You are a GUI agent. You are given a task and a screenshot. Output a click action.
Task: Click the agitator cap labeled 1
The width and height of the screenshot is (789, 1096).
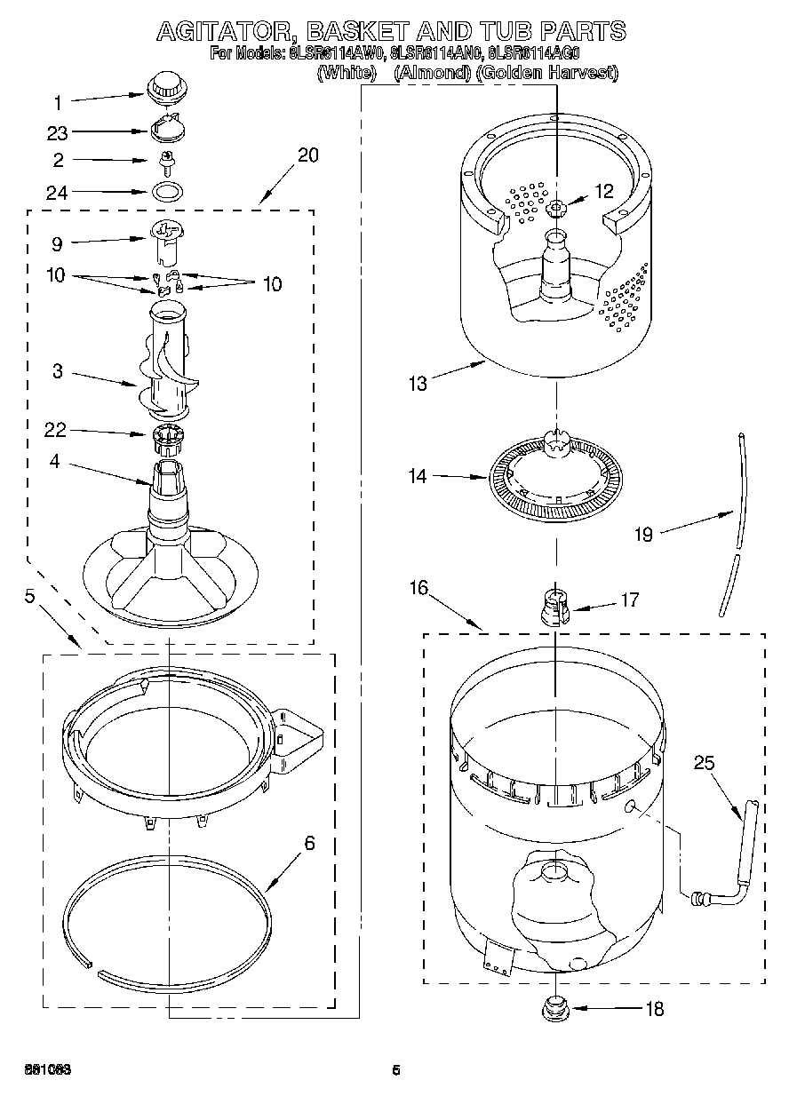click(163, 88)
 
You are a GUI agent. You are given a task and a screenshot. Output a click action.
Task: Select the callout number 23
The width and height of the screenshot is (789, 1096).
click(58, 132)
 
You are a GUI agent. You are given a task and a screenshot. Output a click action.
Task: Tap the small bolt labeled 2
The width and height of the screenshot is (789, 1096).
click(164, 161)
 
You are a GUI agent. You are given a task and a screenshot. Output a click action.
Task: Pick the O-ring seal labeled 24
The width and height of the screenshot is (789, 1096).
click(165, 190)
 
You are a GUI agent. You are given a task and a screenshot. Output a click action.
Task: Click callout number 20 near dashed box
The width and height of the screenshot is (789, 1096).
click(307, 155)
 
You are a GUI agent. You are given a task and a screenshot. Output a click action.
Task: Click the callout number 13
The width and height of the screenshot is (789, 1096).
click(418, 383)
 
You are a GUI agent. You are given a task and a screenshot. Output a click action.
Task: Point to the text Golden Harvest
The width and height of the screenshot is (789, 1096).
click(546, 74)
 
